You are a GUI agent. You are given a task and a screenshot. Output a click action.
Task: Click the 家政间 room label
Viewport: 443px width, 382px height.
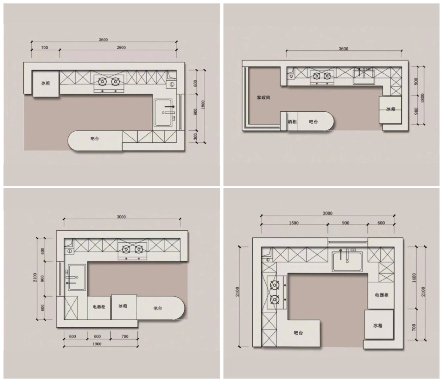pyautogui.click(x=263, y=98)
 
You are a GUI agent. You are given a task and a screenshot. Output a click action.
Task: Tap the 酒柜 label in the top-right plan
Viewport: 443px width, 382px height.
pyautogui.click(x=292, y=122)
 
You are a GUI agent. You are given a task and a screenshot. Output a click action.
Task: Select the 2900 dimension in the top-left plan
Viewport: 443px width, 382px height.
pyautogui.click(x=121, y=47)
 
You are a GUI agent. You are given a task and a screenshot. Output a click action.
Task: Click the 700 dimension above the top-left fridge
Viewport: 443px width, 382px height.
pyautogui.click(x=45, y=47)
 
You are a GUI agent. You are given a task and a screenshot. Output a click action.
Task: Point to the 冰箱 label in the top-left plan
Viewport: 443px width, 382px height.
pyautogui.click(x=45, y=83)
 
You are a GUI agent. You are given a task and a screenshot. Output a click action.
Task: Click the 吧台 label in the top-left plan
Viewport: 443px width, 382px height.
pyautogui.click(x=95, y=139)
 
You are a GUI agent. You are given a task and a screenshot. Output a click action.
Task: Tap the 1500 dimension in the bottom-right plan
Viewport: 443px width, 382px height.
pyautogui.click(x=293, y=223)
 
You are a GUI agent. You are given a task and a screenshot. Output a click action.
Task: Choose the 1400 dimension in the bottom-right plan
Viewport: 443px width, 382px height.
pyautogui.click(x=414, y=278)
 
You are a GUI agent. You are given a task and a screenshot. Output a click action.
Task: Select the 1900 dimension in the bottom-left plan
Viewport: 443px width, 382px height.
pyautogui.click(x=97, y=344)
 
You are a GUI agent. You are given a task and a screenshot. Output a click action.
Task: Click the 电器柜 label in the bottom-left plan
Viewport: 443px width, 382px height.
pyautogui.click(x=99, y=307)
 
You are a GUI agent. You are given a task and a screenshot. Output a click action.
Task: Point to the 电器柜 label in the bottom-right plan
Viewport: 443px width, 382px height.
pyautogui.click(x=382, y=295)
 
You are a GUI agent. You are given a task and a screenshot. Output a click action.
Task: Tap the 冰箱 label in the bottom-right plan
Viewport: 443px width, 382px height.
pyautogui.click(x=378, y=325)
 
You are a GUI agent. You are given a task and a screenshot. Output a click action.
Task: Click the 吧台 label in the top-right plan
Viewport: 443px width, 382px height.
pyautogui.click(x=313, y=122)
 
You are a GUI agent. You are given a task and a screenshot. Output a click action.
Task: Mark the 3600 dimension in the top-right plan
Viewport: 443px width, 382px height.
pyautogui.click(x=344, y=49)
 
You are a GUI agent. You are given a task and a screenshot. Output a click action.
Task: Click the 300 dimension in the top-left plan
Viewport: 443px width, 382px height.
pyautogui.click(x=195, y=136)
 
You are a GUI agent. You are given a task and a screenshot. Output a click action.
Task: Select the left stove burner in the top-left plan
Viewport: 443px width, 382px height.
pyautogui.click(x=103, y=81)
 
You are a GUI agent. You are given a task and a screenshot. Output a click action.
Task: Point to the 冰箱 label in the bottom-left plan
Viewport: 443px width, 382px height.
pyautogui.click(x=123, y=306)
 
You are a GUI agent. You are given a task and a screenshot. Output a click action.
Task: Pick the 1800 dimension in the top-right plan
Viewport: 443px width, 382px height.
pyautogui.click(x=422, y=98)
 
